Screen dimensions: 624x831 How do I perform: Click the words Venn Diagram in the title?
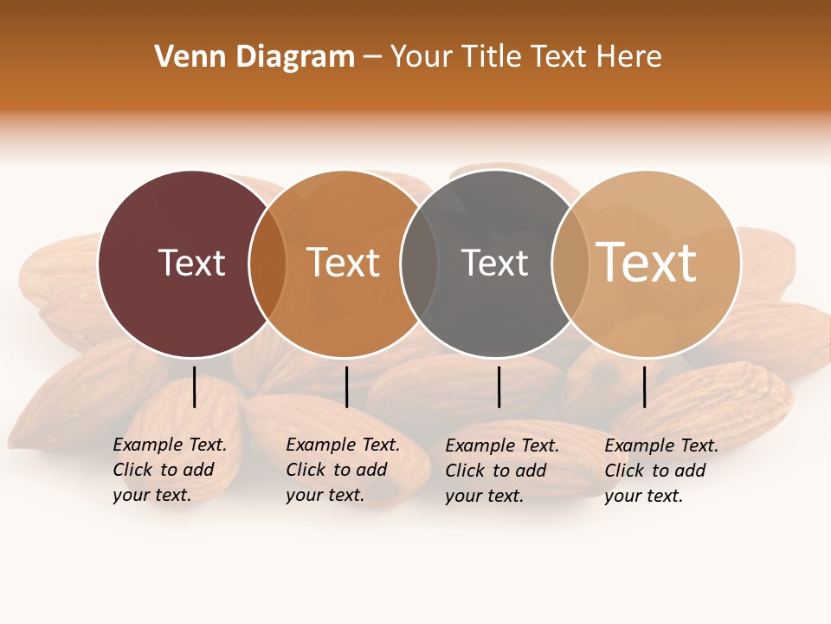point(254,57)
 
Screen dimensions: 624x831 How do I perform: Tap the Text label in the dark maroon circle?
point(191,263)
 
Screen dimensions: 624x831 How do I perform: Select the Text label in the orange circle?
point(344,263)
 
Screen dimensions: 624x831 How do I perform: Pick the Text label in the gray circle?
point(494,263)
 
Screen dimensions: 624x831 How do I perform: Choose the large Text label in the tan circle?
point(647,263)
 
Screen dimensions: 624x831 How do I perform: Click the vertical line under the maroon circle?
point(195,387)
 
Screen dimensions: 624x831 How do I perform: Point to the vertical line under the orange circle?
point(346,387)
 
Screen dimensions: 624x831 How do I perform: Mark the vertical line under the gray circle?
point(499,387)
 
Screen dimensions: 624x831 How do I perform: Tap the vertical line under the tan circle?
point(645,387)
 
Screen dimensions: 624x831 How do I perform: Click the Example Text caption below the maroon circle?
point(170,445)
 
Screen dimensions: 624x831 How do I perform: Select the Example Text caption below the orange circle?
point(343,445)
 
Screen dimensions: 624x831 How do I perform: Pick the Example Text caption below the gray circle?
point(502,445)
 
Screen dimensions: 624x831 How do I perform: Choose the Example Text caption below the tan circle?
point(661,445)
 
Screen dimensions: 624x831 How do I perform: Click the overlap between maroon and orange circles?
point(267,263)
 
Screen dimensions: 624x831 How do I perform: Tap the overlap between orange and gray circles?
point(419,263)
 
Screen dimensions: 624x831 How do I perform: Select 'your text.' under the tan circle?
point(643,496)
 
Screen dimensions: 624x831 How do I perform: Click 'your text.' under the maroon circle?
point(151,495)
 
